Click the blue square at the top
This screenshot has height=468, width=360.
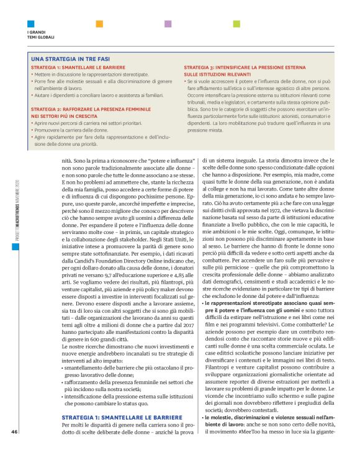30,24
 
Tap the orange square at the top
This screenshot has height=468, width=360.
99,24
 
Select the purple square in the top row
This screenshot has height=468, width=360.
168,24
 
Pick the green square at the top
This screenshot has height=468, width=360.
236,24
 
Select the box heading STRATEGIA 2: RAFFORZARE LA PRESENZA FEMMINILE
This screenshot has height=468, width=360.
89,108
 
